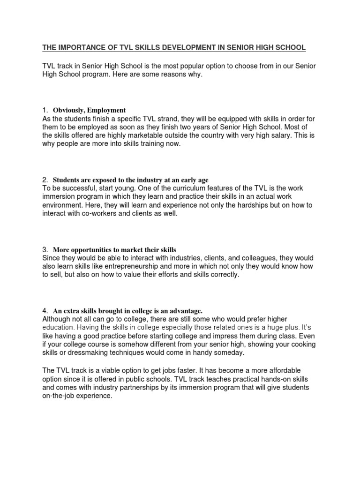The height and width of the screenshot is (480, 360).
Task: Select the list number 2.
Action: (x=45, y=180)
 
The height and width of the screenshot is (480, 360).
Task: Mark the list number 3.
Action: (x=45, y=249)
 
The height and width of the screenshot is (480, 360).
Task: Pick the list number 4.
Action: (x=45, y=310)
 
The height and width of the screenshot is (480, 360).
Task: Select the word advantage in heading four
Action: (x=184, y=310)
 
